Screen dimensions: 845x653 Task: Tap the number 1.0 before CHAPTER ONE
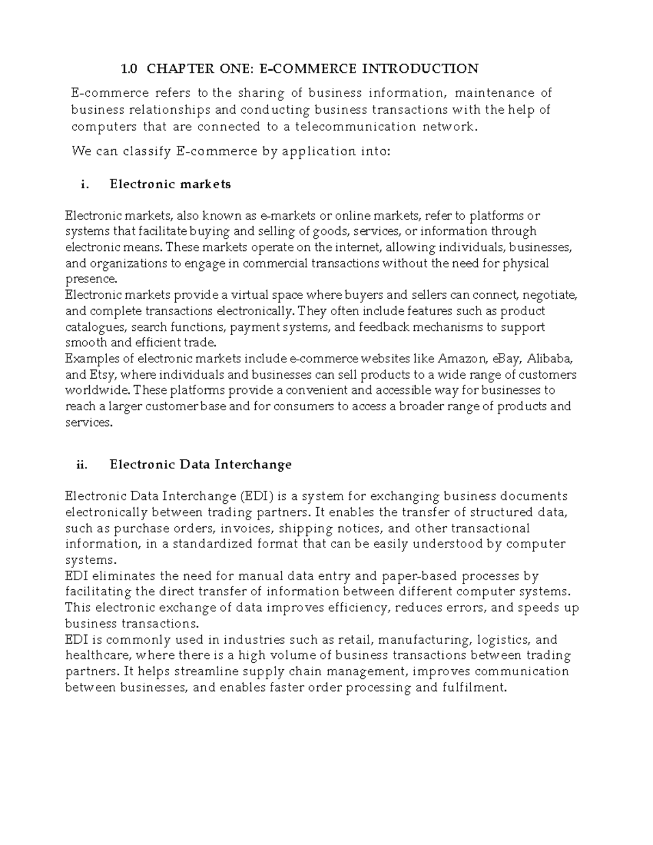[x=130, y=69]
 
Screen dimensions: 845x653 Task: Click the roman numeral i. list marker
[x=84, y=184]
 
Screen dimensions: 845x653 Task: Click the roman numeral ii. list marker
[x=82, y=465]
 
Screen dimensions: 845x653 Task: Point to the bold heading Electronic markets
[x=170, y=184]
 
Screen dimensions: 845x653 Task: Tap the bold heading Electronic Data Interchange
[x=200, y=465]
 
